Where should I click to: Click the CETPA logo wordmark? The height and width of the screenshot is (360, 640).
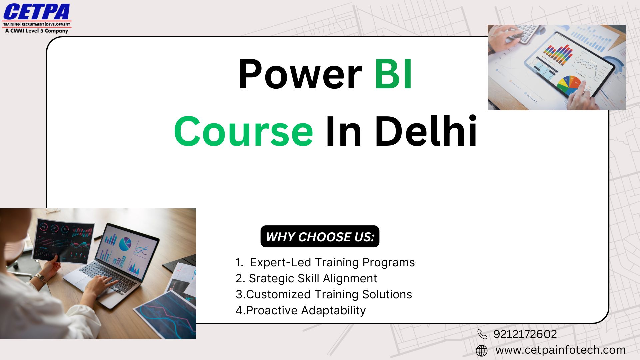pos(37,12)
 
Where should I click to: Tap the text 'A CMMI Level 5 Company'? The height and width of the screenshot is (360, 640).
pos(37,31)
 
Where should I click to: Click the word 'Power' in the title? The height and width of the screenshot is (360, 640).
pos(300,74)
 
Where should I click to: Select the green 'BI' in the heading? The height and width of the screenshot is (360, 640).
pos(393,74)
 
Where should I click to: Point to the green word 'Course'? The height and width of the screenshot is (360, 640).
pos(243,131)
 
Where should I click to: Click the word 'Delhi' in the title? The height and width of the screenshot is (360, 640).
pos(426,131)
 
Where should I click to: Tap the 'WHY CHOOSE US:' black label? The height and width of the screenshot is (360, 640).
pos(320,237)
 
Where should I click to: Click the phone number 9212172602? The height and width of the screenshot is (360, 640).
pos(525,334)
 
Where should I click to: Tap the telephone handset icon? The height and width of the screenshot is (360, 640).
pos(482,334)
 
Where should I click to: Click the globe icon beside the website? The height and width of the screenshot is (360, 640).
pos(482,351)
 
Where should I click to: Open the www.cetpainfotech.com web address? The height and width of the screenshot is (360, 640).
pos(560,350)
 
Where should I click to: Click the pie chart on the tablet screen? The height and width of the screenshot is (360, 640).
pos(569,85)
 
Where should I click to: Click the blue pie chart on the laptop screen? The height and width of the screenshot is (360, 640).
pos(125,244)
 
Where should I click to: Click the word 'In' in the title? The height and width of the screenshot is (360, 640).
pos(344,131)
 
